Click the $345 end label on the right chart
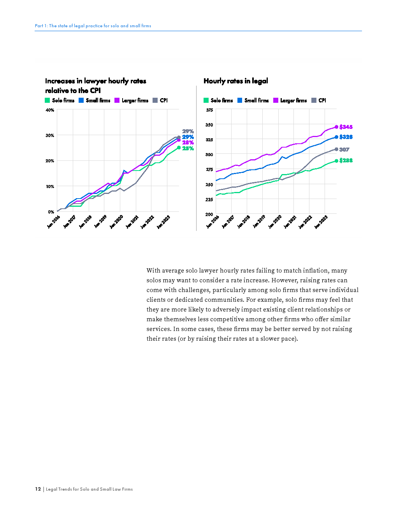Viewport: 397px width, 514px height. (x=346, y=127)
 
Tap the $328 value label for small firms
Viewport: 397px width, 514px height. (x=346, y=137)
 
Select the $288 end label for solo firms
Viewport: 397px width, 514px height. (x=346, y=160)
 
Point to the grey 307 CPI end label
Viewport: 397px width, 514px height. (x=344, y=150)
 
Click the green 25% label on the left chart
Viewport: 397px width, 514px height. (x=188, y=148)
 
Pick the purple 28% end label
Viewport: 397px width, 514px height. (x=188, y=143)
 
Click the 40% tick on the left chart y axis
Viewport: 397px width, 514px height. (x=50, y=110)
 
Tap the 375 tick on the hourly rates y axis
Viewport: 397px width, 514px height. (x=209, y=110)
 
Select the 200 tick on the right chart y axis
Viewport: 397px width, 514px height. (x=209, y=214)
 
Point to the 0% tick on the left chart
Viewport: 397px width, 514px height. (x=51, y=212)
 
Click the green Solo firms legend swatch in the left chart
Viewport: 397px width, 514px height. (x=47, y=100)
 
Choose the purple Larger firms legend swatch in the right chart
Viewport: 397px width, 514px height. (x=276, y=100)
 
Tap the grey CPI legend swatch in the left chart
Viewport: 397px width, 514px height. (x=155, y=100)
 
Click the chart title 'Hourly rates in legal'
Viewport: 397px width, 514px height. (x=235, y=81)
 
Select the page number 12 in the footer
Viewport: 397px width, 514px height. (x=38, y=489)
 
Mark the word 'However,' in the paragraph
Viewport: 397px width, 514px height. (x=284, y=280)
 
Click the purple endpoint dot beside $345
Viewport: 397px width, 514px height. (x=336, y=127)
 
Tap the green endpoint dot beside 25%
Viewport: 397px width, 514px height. (x=179, y=148)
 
